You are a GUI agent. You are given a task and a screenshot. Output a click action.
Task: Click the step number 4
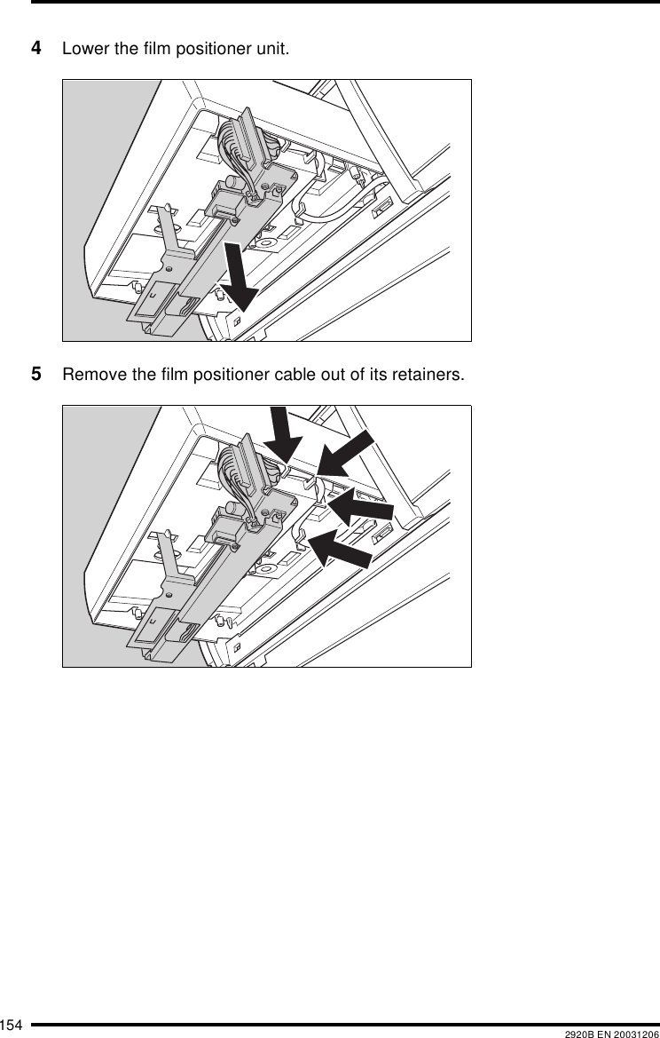(x=37, y=47)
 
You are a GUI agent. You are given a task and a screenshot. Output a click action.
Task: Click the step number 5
(x=37, y=373)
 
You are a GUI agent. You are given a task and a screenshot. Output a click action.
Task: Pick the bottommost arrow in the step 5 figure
(x=344, y=548)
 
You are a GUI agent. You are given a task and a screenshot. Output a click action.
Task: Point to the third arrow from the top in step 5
(x=362, y=505)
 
